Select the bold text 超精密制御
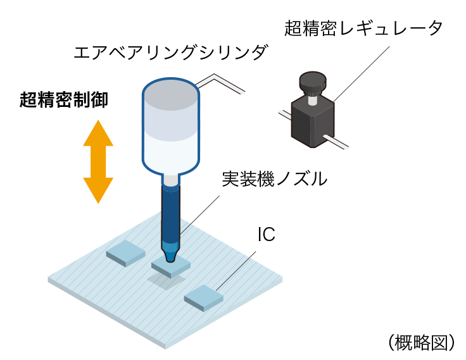click(x=64, y=99)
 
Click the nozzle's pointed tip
click(x=170, y=256)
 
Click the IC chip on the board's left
click(x=127, y=252)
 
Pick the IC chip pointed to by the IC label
click(x=205, y=297)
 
